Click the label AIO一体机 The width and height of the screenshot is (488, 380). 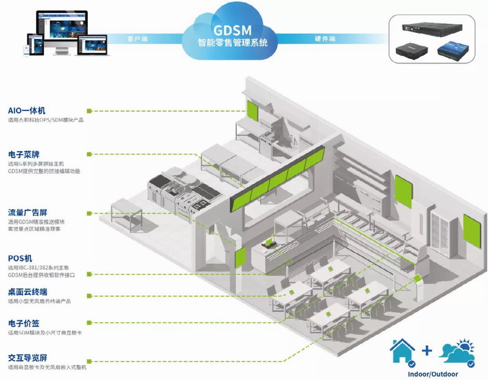(x=27, y=111)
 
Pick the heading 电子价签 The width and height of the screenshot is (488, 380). (x=24, y=323)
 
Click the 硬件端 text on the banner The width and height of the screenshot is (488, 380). (x=326, y=38)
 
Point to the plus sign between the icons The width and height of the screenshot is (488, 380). (x=428, y=351)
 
